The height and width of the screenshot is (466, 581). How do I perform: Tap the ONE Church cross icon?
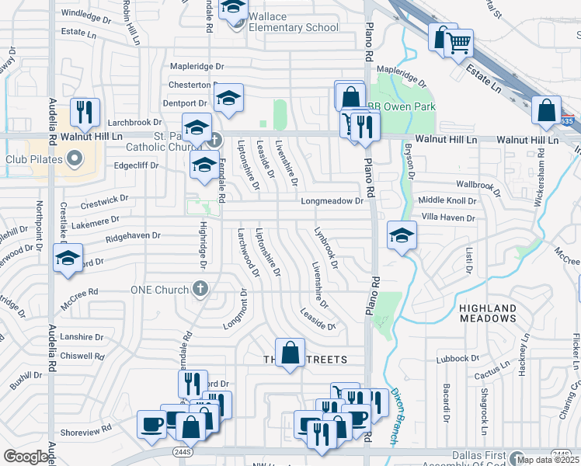tap(201, 290)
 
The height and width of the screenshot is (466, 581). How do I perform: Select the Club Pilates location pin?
tap(75, 160)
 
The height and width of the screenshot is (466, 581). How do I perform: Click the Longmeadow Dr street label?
tap(332, 201)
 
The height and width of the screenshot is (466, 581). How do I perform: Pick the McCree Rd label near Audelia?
tap(82, 292)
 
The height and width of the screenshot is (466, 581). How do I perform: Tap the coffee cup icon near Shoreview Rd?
tap(151, 424)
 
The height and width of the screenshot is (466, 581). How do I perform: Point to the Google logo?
tap(25, 457)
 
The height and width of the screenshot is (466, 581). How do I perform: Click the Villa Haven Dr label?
tap(448, 218)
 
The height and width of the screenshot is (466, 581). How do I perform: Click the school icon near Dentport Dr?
tap(228, 98)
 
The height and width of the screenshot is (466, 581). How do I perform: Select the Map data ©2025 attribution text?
tap(548, 461)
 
